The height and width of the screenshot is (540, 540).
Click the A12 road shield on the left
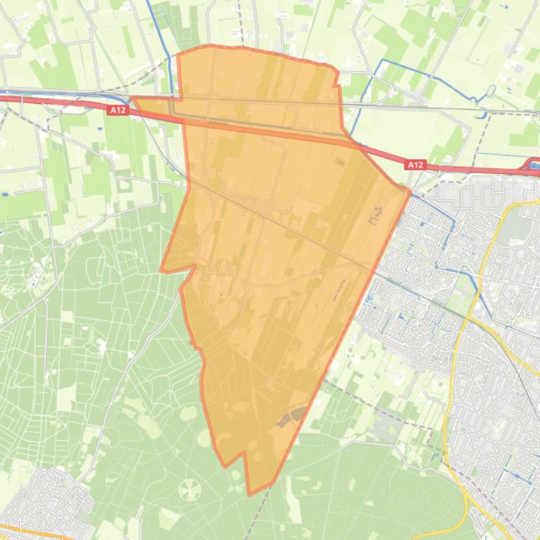[117, 110]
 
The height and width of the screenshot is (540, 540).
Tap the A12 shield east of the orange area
[415, 165]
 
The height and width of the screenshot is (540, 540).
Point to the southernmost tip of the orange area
[249, 494]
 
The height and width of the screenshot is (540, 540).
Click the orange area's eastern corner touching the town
[409, 190]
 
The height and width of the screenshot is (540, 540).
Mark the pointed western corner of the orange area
[162, 270]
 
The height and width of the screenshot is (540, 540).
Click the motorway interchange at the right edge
[532, 166]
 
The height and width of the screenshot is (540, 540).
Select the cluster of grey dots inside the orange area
[376, 215]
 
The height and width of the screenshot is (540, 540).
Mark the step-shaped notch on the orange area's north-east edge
[338, 86]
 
